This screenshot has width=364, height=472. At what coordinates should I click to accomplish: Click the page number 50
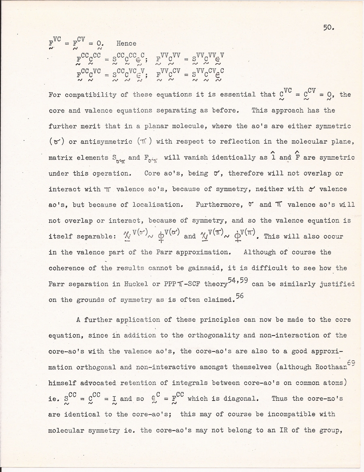coord(328,28)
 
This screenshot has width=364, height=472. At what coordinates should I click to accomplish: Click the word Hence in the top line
coord(126,43)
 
